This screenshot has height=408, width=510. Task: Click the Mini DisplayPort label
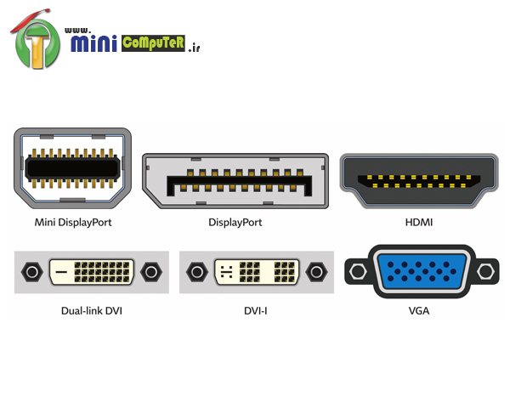point(73,223)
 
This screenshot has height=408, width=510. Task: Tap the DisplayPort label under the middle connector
point(235,223)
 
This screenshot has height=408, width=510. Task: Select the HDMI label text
point(419,223)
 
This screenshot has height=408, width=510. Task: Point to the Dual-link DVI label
point(92,310)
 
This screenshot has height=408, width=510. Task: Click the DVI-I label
point(256,310)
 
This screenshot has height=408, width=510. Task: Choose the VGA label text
point(419,310)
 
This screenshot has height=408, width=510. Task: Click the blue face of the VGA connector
point(420,272)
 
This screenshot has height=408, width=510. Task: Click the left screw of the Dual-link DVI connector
point(31,272)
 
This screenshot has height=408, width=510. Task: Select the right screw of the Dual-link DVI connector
point(152,272)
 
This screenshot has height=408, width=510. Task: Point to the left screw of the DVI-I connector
point(196,272)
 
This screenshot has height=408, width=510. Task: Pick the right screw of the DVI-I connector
point(317,272)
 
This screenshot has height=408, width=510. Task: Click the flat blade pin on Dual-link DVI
point(61,273)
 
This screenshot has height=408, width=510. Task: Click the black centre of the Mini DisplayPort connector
point(73,168)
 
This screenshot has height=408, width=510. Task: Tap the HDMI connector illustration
point(419,181)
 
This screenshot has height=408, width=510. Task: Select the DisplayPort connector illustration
point(235,181)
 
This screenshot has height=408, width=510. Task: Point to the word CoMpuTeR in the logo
point(153,42)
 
